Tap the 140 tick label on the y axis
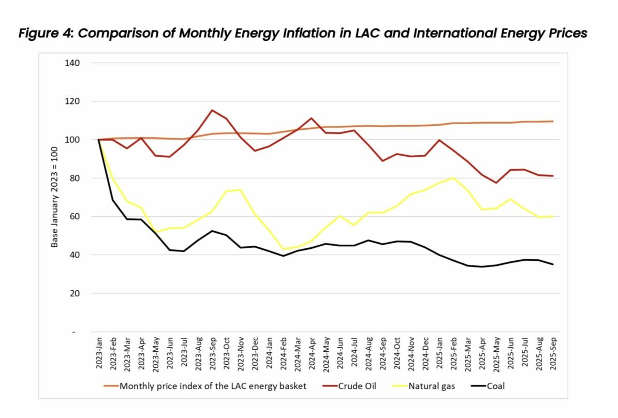tap(72, 63)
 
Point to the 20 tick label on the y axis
tap(75, 293)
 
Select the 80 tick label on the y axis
tap(75, 178)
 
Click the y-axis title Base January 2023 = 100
tap(54, 197)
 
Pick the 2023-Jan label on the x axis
tap(99, 353)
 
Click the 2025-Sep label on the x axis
tap(553, 353)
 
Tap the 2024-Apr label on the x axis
tap(312, 353)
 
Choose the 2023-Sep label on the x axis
tap(212, 353)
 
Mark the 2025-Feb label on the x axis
tap(453, 353)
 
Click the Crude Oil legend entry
tap(349, 386)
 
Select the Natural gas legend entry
tap(424, 386)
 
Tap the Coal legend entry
tap(488, 386)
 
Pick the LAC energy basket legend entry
tap(205, 386)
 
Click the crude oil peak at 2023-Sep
tap(212, 110)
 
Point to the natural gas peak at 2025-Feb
tap(453, 178)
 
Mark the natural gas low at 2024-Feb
tap(284, 249)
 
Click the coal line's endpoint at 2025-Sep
tap(553, 264)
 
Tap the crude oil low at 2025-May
tap(496, 183)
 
